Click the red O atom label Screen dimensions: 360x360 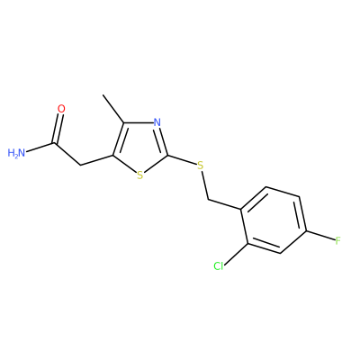click(x=61, y=109)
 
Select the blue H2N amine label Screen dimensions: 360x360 click(x=16, y=153)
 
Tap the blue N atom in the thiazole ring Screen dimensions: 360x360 click(x=157, y=122)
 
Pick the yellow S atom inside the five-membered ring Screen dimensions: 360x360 click(x=139, y=175)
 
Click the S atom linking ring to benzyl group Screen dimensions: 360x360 click(x=201, y=165)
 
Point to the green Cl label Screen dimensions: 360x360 click(x=219, y=265)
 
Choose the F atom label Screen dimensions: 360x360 click(x=338, y=240)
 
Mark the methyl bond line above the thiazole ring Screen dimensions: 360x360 click(x=113, y=109)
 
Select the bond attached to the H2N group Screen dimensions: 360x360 click(x=40, y=148)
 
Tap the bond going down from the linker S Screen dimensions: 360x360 click(x=204, y=184)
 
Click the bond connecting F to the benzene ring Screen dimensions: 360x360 click(x=319, y=235)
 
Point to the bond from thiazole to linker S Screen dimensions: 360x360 click(x=182, y=160)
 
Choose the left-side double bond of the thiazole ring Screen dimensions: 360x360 click(x=119, y=139)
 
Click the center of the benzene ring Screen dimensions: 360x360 click(x=273, y=220)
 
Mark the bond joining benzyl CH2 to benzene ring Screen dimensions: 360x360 click(x=224, y=204)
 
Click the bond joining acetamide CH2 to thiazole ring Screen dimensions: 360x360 click(x=96, y=160)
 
